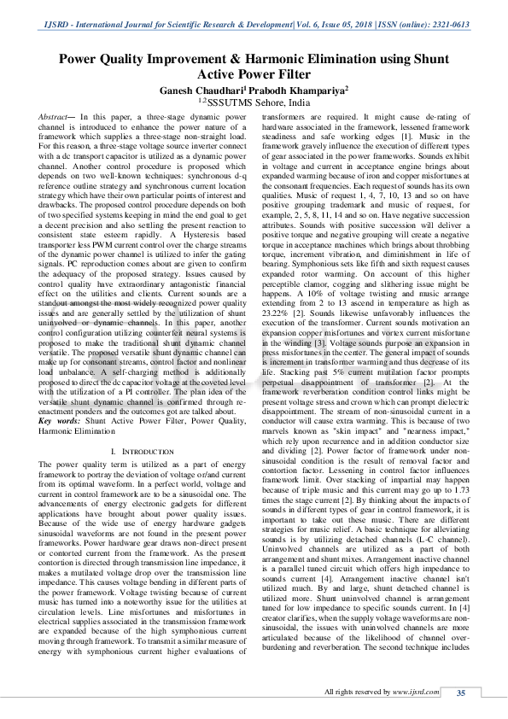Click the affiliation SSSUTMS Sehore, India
tap(259, 102)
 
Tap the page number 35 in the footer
tap(460, 693)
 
